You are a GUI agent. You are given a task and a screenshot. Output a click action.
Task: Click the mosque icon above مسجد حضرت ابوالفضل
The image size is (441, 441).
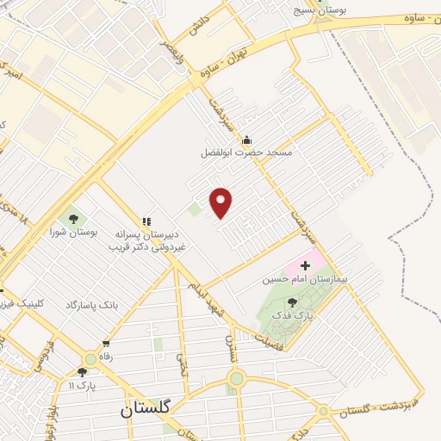247,140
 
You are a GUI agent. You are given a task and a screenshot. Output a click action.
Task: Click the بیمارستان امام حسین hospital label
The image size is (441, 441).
305,280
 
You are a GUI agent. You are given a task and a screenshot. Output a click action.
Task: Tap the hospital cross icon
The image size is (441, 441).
305,265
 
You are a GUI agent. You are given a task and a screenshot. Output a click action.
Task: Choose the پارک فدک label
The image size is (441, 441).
292,316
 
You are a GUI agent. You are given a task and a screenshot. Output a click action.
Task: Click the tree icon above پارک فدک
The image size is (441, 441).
292,302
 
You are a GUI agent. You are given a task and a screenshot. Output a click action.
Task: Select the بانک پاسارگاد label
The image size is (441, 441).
84,306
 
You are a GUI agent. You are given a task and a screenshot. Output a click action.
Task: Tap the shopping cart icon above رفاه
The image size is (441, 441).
105,344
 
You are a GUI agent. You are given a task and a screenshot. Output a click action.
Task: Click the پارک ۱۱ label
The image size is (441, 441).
83,385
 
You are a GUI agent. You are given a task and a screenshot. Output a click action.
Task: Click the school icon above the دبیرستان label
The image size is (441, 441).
146,221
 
